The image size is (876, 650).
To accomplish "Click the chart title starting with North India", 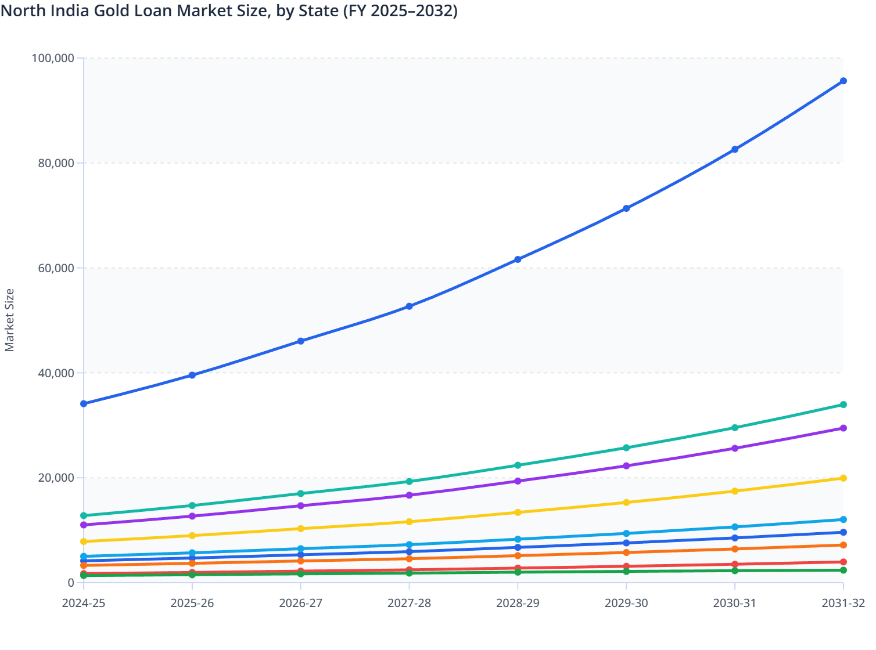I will pyautogui.click(x=229, y=10).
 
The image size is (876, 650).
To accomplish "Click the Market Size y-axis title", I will pyautogui.click(x=9, y=320).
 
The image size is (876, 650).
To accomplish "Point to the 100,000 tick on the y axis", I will pyautogui.click(x=53, y=58).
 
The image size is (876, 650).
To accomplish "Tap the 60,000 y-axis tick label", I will pyautogui.click(x=53, y=268).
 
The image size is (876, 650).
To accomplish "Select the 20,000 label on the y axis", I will pyautogui.click(x=53, y=478).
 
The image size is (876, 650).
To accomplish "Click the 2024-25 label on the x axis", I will pyautogui.click(x=84, y=603).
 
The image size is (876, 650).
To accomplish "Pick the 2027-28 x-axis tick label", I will pyautogui.click(x=410, y=603).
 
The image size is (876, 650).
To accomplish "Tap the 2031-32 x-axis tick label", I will pyautogui.click(x=843, y=603).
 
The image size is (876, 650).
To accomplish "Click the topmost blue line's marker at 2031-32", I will pyautogui.click(x=843, y=81).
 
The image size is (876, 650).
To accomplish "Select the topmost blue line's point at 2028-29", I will pyautogui.click(x=518, y=259).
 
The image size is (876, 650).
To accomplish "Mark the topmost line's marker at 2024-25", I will pyautogui.click(x=84, y=403).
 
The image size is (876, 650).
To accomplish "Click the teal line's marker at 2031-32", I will pyautogui.click(x=843, y=405).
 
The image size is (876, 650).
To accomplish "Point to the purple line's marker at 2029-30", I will pyautogui.click(x=626, y=465).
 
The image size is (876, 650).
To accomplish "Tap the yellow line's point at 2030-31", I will pyautogui.click(x=735, y=491).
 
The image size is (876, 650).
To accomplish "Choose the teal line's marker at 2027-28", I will pyautogui.click(x=410, y=481).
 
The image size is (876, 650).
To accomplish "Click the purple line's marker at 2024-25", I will pyautogui.click(x=84, y=525).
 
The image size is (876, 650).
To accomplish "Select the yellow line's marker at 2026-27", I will pyautogui.click(x=301, y=529).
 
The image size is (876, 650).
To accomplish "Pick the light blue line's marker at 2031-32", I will pyautogui.click(x=843, y=519).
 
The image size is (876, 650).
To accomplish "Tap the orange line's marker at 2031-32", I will pyautogui.click(x=843, y=545).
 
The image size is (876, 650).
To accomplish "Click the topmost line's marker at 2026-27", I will pyautogui.click(x=301, y=341).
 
